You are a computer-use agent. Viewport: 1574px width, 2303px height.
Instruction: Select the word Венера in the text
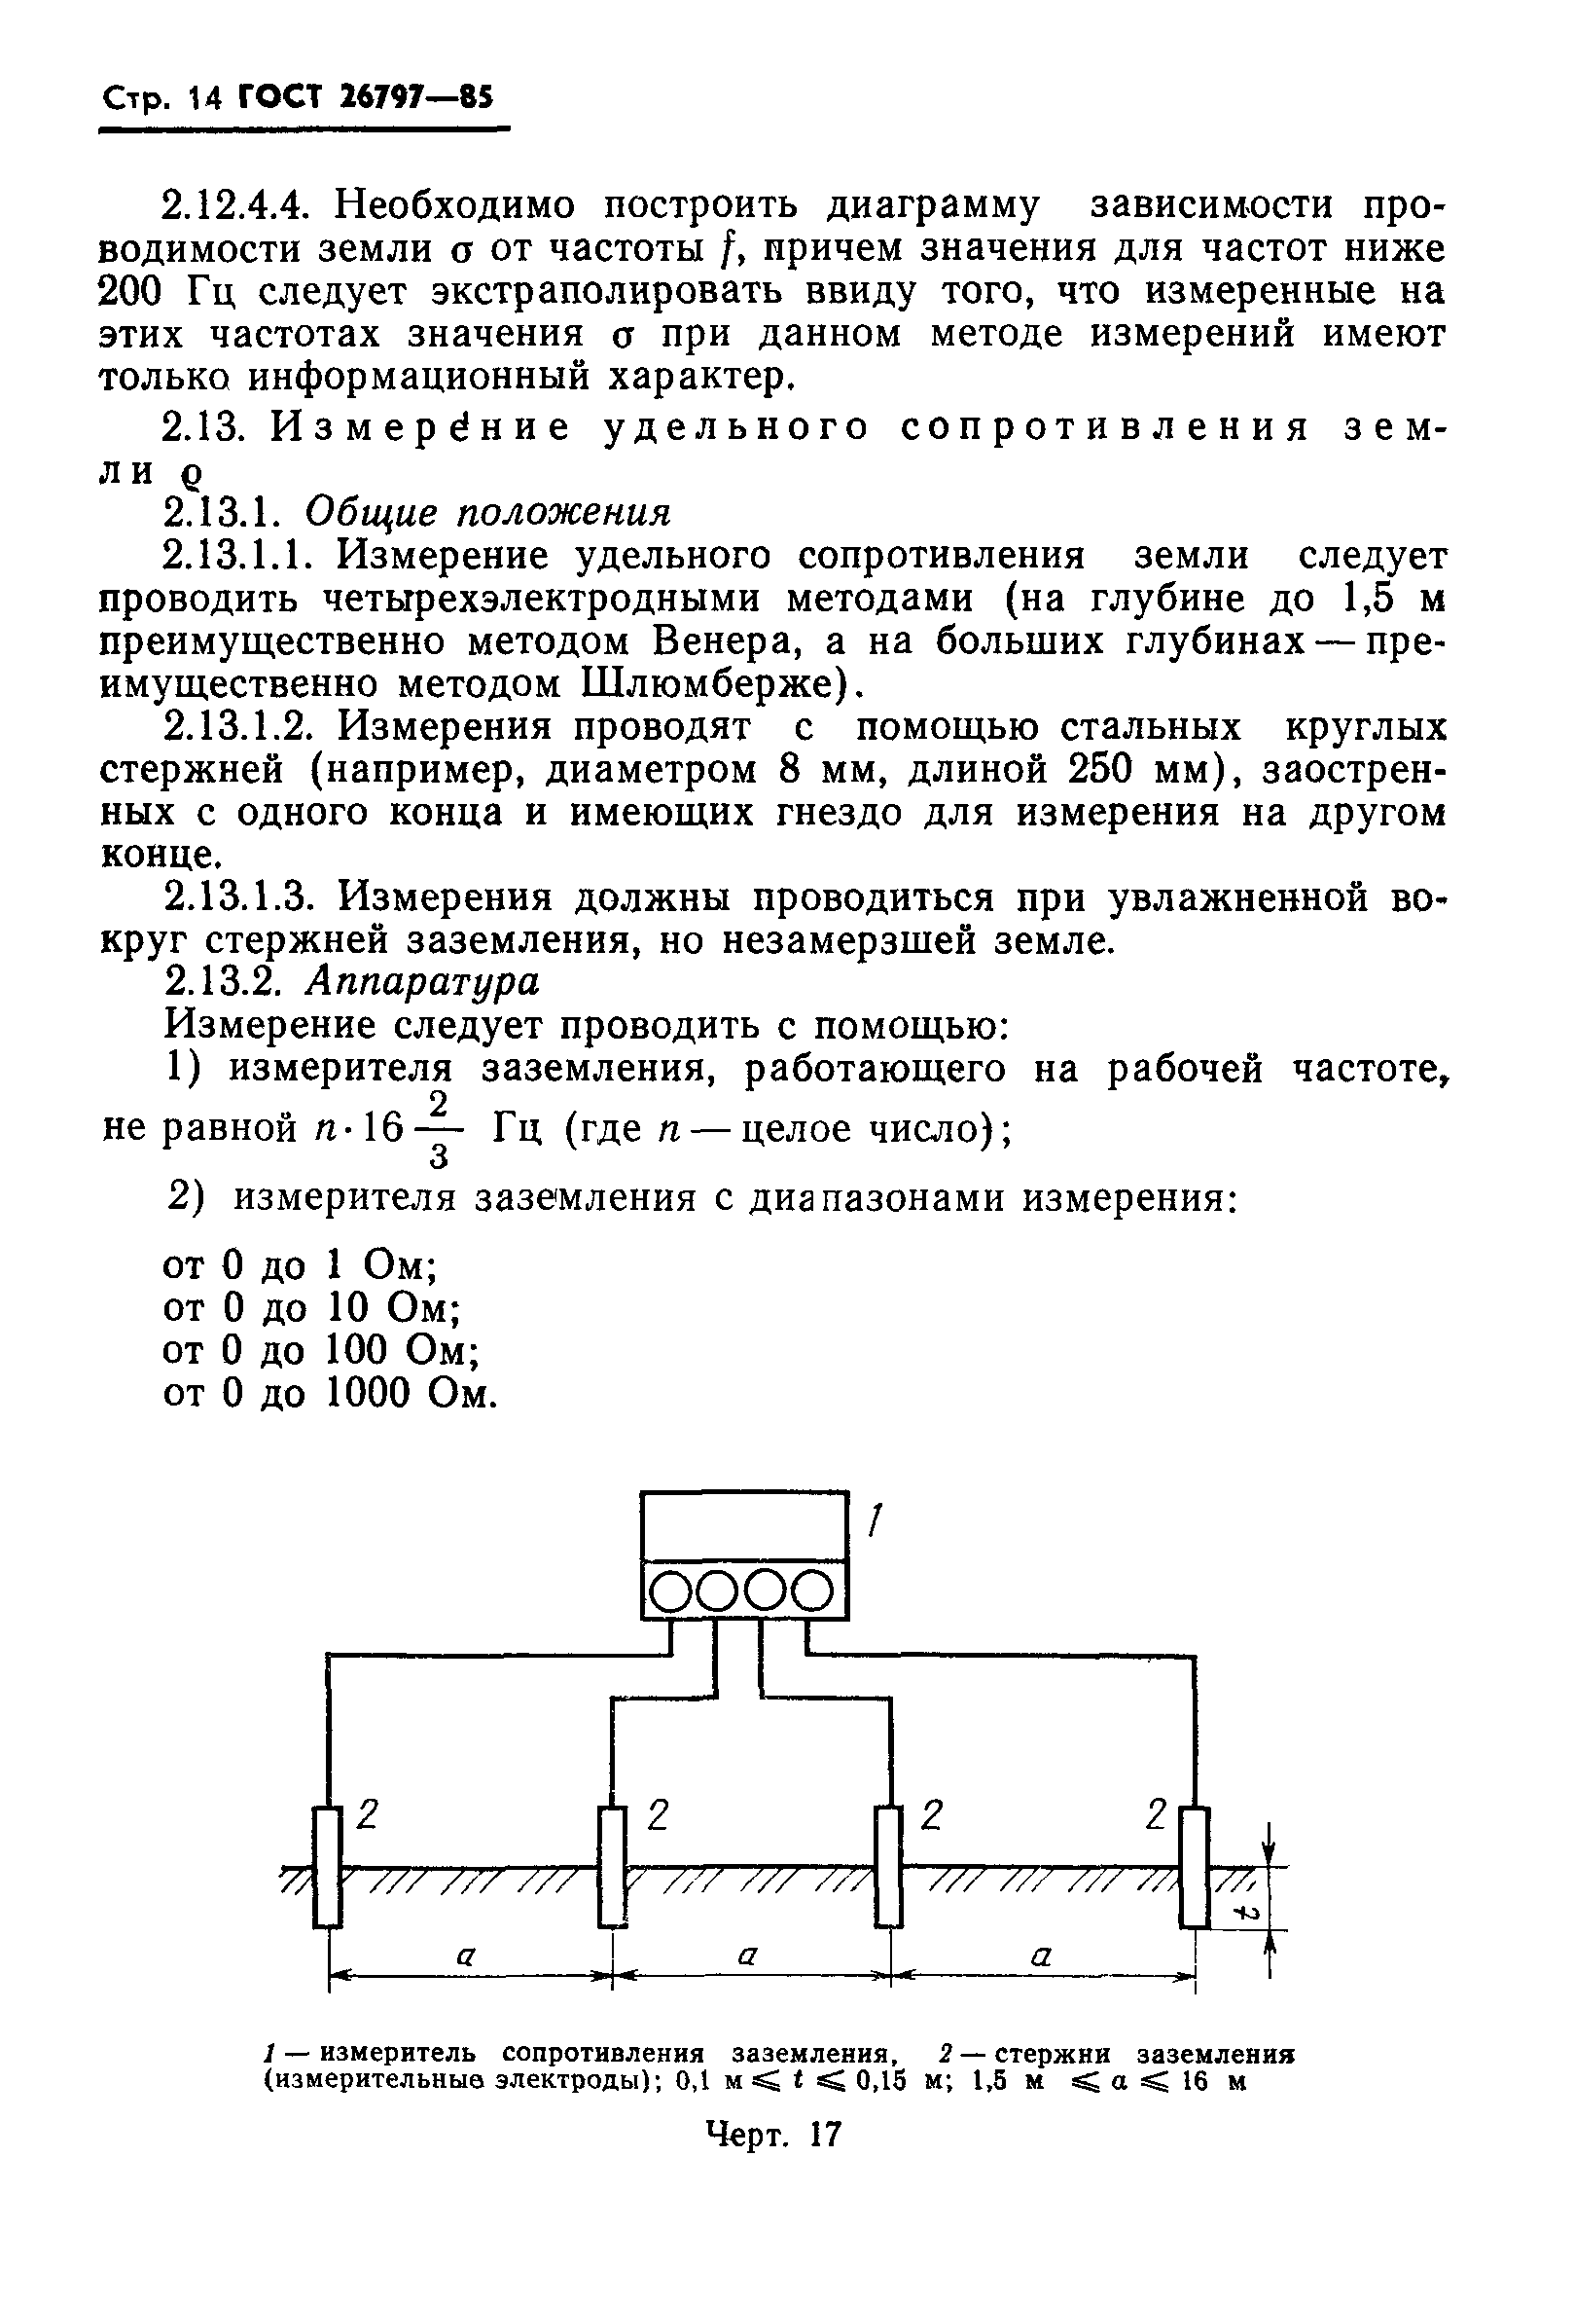coord(725,642)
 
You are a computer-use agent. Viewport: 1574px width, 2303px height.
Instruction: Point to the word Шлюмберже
coord(712,684)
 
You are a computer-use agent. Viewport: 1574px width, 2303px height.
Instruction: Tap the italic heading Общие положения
coord(487,512)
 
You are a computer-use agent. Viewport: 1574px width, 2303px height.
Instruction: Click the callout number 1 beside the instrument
coord(875,1520)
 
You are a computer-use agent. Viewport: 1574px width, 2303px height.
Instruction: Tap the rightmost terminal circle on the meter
coord(815,1593)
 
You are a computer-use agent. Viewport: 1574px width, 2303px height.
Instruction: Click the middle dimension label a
coord(748,1956)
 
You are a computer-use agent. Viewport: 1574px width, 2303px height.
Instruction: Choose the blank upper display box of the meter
coord(744,1525)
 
